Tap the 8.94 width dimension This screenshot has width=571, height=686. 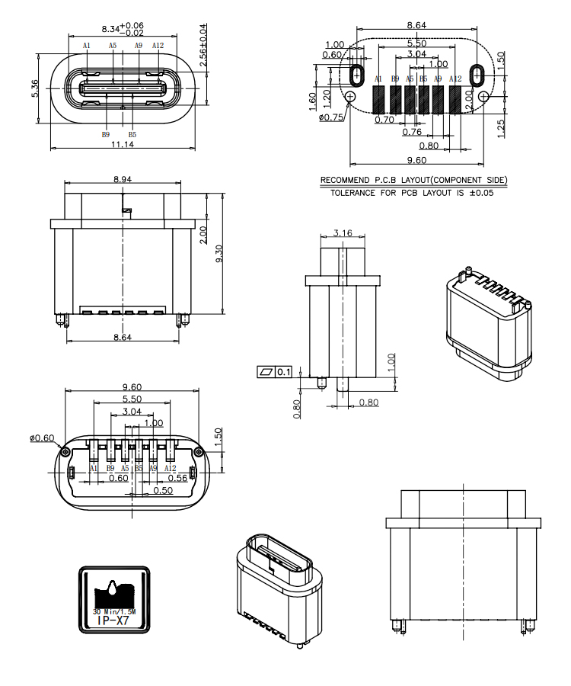tap(123, 179)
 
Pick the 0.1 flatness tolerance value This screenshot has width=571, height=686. tap(283, 372)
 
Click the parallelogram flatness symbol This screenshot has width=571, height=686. tap(266, 372)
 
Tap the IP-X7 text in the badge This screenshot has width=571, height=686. tap(115, 621)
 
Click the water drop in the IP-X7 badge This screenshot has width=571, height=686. tap(113, 588)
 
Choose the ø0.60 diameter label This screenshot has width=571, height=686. tap(43, 438)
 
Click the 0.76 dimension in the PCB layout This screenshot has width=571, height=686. tap(411, 131)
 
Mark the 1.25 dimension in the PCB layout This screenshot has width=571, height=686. tap(500, 124)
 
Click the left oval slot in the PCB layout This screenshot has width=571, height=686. tap(356, 75)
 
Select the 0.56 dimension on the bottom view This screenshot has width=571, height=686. tap(177, 478)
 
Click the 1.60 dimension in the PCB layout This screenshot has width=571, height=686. tap(313, 101)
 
